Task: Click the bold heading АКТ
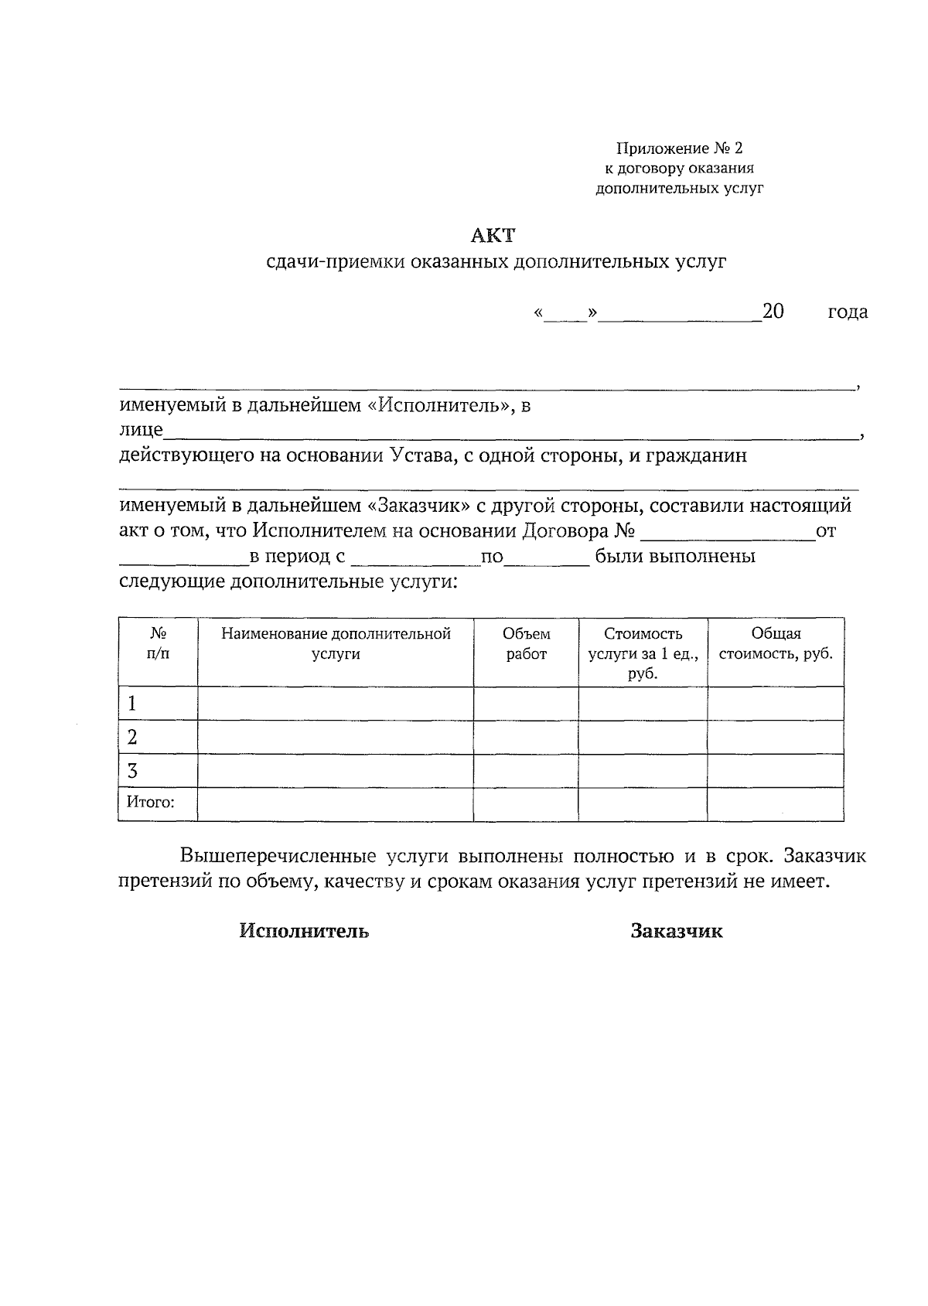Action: point(493,235)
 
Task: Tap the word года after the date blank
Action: point(848,312)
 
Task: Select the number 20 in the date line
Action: point(773,311)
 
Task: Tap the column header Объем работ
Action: point(527,644)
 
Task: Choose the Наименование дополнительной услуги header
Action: point(336,644)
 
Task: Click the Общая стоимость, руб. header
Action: point(776,644)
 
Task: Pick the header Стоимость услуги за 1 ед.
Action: point(643,653)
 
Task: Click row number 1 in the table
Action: point(132,704)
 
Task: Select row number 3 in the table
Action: point(132,771)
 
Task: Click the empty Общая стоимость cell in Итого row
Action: point(775,804)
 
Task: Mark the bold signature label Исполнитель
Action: point(304,931)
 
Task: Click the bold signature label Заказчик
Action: point(677,931)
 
